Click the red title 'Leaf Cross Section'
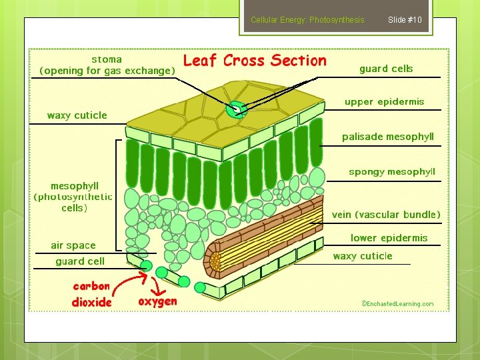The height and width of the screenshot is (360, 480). [255, 61]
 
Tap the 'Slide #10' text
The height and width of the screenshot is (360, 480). [405, 20]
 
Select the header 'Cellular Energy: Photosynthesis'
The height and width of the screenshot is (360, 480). [307, 20]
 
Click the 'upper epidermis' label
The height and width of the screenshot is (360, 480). [384, 102]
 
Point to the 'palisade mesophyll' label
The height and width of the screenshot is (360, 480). [387, 137]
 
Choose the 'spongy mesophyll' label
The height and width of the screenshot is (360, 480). [391, 172]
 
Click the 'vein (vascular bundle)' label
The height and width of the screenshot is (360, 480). [386, 215]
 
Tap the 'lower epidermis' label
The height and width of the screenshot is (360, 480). [389, 238]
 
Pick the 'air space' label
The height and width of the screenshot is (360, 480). [73, 245]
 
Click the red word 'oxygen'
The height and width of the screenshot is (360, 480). [157, 301]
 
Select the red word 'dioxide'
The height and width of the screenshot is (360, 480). [92, 302]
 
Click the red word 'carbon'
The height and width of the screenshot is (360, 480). [91, 286]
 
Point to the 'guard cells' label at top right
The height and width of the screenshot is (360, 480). [386, 69]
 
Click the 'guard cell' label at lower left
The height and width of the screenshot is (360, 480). [80, 261]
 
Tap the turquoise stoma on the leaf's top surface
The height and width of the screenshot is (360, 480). [235, 110]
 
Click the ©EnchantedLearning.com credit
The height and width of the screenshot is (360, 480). [397, 304]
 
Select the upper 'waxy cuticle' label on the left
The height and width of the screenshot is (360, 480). [77, 115]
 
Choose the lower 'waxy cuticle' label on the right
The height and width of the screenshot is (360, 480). [363, 256]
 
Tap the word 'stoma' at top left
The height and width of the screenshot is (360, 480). [107, 59]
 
